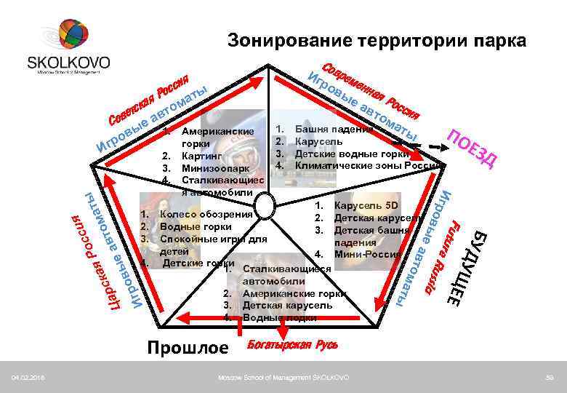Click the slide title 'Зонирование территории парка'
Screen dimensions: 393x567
click(376, 41)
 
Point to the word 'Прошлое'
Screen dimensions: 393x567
click(188, 349)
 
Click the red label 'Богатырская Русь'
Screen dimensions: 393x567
click(293, 344)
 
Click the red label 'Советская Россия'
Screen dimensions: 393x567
click(149, 98)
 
